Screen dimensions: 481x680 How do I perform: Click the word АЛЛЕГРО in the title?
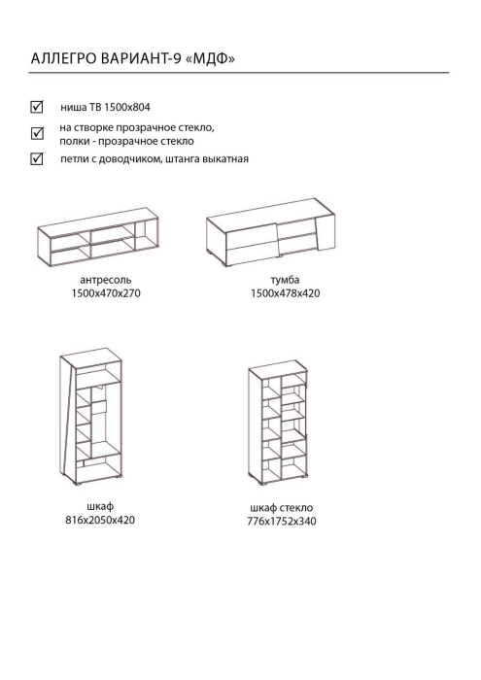[x=63, y=58]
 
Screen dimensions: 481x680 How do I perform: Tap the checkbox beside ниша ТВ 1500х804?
[x=37, y=106]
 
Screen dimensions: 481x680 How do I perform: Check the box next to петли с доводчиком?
[x=37, y=158]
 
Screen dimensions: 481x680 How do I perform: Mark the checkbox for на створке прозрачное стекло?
[x=37, y=133]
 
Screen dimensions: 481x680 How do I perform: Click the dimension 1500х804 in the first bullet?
[x=127, y=107]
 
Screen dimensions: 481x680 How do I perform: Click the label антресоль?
[x=106, y=280]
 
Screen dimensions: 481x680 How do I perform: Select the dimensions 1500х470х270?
[x=106, y=293]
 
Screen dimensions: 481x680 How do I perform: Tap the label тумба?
[x=285, y=280]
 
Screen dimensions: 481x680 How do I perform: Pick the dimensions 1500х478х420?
[x=286, y=293]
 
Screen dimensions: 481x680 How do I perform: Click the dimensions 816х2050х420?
[x=100, y=520]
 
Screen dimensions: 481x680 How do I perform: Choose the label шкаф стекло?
[x=282, y=507]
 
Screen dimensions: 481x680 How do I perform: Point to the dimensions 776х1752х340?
[x=282, y=521]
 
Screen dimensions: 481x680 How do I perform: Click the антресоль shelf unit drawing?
[x=98, y=237]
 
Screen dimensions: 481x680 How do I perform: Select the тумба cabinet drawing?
[x=271, y=232]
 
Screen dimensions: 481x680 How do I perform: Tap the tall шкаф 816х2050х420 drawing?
[x=90, y=416]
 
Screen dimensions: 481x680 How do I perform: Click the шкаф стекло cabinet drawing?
[x=278, y=422]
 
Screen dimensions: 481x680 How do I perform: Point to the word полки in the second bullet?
[x=72, y=142]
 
